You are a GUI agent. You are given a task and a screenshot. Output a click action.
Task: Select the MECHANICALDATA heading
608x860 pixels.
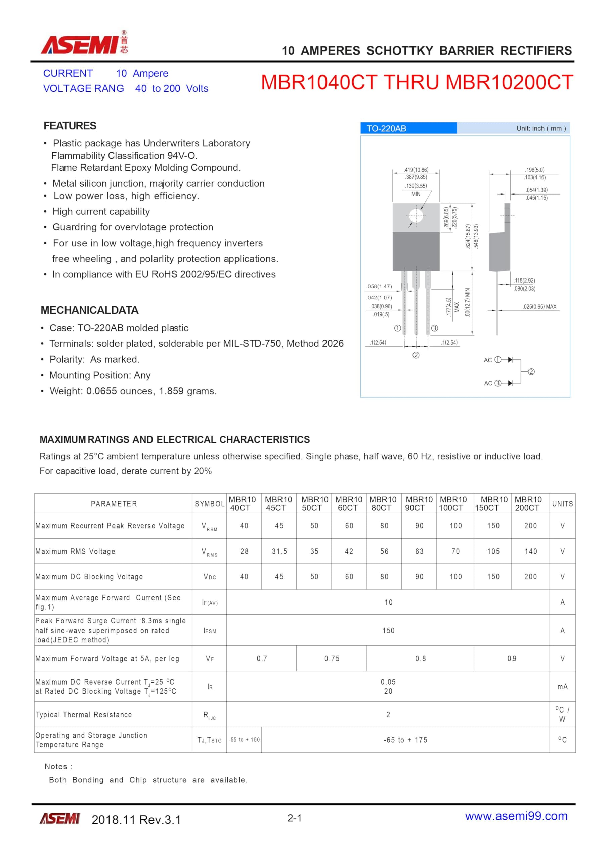click(90, 310)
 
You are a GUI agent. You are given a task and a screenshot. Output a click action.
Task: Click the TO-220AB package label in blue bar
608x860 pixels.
click(386, 128)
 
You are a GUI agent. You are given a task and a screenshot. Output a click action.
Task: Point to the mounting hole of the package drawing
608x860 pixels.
click(416, 216)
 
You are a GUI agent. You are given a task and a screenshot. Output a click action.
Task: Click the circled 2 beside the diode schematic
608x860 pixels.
click(531, 372)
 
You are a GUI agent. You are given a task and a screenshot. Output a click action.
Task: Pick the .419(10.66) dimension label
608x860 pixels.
click(416, 170)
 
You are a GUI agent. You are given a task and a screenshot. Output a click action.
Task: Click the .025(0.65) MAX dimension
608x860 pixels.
click(539, 307)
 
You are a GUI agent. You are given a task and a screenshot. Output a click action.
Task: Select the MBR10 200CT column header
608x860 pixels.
click(528, 504)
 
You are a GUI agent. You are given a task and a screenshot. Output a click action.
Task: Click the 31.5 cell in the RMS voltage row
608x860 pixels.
click(279, 551)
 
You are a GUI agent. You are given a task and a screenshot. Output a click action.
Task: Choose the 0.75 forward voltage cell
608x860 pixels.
click(332, 658)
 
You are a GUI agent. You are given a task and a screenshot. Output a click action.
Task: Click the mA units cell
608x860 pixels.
click(562, 686)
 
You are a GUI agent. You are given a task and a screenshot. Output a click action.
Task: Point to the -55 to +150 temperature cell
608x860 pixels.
click(244, 740)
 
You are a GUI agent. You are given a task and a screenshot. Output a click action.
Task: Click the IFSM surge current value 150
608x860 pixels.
click(388, 631)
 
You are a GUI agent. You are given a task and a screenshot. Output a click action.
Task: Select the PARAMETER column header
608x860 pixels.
click(114, 504)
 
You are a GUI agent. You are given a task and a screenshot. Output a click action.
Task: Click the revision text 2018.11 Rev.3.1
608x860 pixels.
click(136, 820)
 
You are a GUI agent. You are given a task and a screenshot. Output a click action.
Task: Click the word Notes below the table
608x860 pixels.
click(58, 766)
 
